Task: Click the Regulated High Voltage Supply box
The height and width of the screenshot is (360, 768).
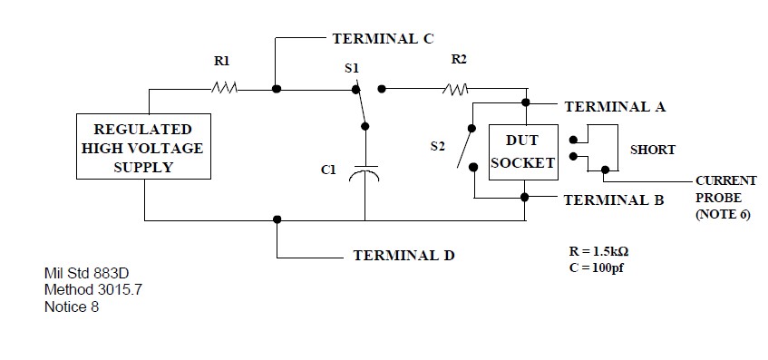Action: [143, 148]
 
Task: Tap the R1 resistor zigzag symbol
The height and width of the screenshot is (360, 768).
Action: [225, 89]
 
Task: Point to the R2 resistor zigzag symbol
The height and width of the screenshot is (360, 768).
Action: [456, 89]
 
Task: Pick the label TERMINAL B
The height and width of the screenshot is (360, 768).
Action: [614, 199]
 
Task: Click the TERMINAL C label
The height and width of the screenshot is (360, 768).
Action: [384, 39]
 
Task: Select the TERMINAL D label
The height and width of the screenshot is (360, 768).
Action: [403, 256]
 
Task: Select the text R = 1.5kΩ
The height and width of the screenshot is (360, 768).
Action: [594, 250]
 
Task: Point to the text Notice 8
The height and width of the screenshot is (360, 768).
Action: [72, 306]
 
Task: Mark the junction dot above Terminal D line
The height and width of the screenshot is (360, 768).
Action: [277, 219]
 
